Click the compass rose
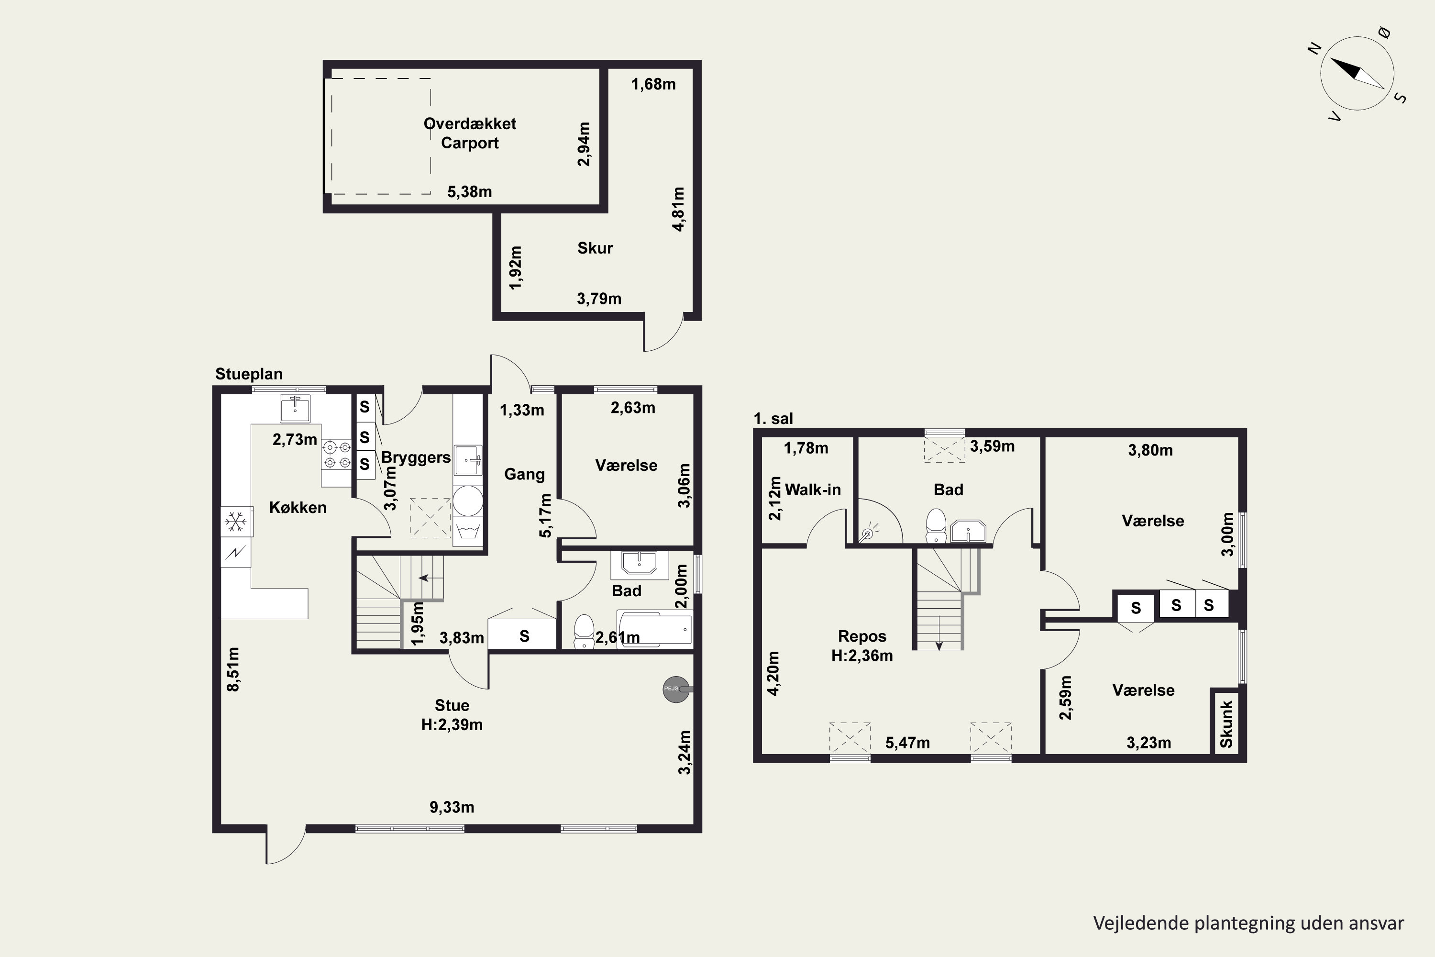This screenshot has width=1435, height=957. click(x=1358, y=74)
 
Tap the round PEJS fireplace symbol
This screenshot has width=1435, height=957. click(x=676, y=689)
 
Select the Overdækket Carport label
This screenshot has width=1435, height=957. click(x=470, y=133)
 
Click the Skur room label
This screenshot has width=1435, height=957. click(x=595, y=248)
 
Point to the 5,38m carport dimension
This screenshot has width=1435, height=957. click(x=469, y=192)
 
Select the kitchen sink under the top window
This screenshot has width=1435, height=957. click(x=295, y=408)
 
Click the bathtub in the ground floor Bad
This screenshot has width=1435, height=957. click(x=655, y=628)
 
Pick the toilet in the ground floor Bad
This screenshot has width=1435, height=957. click(x=584, y=631)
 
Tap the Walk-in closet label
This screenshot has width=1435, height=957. click(x=813, y=490)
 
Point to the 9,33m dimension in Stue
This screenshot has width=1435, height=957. click(x=452, y=807)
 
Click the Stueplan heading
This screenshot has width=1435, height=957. click(x=249, y=374)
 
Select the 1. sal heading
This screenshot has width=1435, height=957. click(x=773, y=418)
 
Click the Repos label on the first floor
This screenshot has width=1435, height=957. click(x=861, y=636)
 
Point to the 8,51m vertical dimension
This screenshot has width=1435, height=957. click(x=232, y=669)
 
